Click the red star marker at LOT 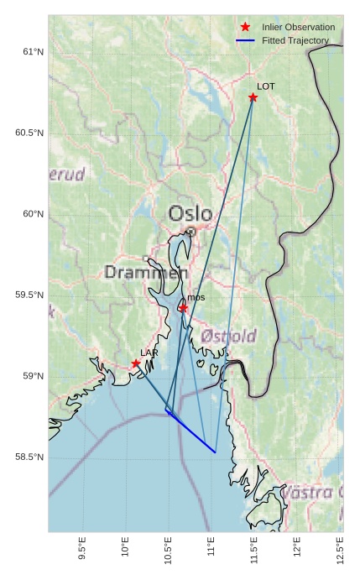[x=253, y=97]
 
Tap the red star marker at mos [x=183, y=308]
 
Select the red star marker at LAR [x=136, y=363]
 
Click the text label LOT [x=266, y=86]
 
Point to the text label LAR [x=149, y=353]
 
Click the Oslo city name [x=190, y=213]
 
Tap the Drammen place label [x=146, y=273]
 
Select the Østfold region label [x=229, y=337]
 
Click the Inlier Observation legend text [x=298, y=28]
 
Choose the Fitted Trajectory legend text [x=295, y=40]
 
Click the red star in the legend [x=246, y=28]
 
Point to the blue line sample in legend [x=246, y=40]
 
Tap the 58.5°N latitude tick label [x=29, y=457]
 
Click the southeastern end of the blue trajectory [x=216, y=452]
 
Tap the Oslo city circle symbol [x=190, y=232]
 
